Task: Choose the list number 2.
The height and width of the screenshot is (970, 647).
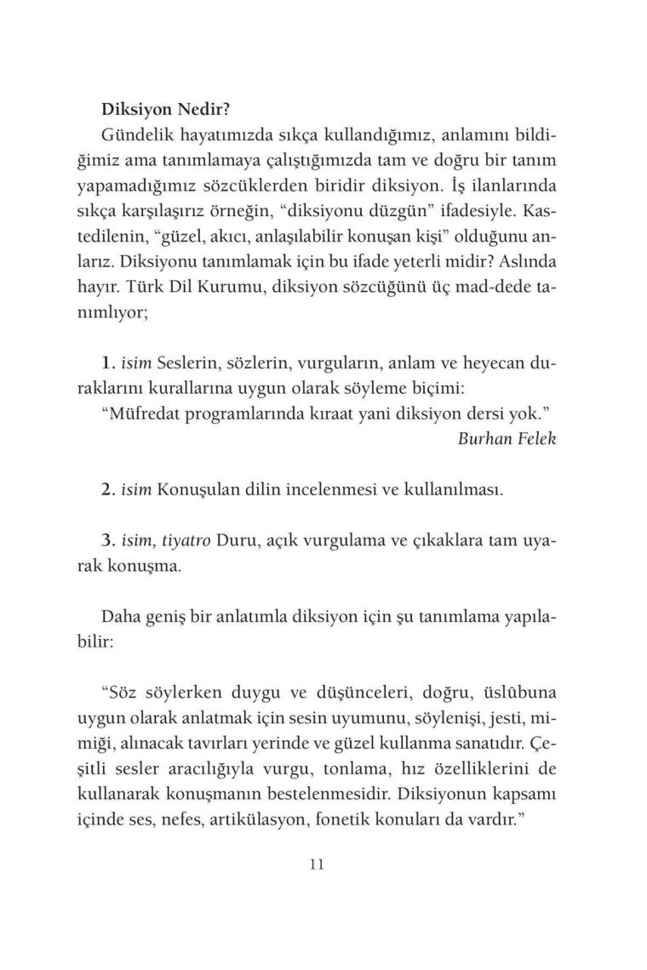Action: coord(107,491)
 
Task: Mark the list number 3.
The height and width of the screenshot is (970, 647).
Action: coord(107,540)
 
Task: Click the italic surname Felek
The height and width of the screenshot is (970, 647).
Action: coord(526,440)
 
